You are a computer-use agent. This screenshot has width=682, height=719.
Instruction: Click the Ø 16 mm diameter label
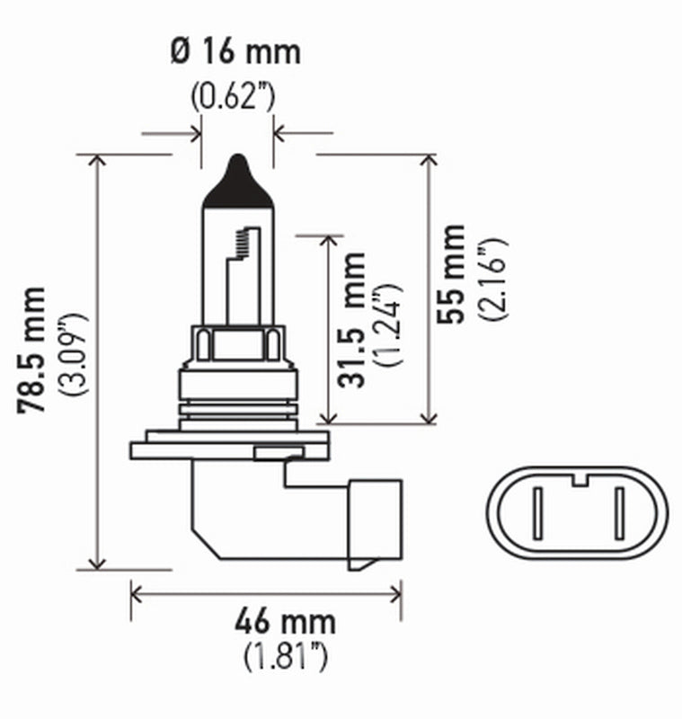235,51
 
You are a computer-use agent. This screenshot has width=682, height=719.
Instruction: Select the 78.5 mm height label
33,351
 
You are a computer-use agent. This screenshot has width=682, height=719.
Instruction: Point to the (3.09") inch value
72,356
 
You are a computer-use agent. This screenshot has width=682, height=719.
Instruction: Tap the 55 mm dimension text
454,273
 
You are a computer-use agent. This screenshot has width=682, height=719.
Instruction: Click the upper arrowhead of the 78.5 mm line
97,162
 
